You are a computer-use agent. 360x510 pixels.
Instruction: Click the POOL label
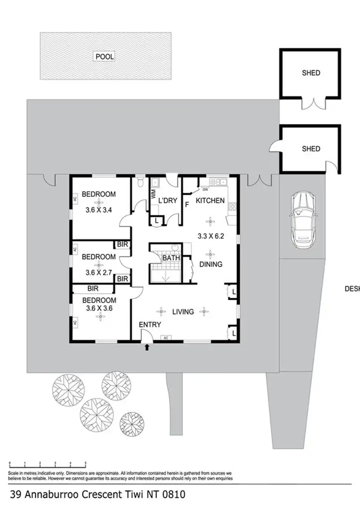tap(105, 57)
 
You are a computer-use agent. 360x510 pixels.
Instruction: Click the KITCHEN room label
tap(210, 201)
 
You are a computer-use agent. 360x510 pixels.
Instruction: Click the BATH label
tap(171, 258)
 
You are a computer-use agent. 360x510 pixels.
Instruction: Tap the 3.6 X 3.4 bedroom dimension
tap(99, 210)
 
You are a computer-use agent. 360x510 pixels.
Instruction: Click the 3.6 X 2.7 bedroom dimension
tap(99, 272)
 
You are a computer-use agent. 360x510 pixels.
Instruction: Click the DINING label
tap(211, 264)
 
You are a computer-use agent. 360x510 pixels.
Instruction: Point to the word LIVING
tap(183, 312)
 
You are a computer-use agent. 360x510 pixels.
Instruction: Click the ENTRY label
tap(149, 325)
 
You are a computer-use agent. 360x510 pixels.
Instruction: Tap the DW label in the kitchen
tap(205, 189)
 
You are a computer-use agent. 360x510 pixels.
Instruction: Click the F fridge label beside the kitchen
tap(187, 204)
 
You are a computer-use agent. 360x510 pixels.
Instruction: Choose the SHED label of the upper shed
tap(311, 73)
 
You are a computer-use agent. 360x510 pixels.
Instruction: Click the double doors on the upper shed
tap(311, 103)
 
